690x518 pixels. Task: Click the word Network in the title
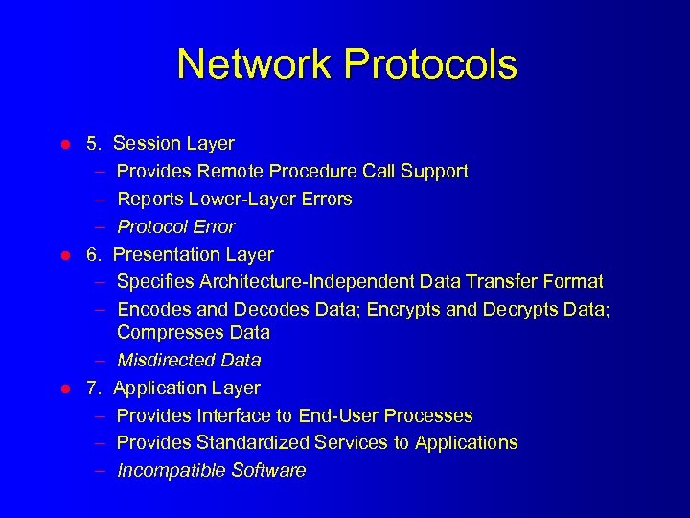click(x=254, y=64)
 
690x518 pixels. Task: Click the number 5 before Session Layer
click(x=93, y=144)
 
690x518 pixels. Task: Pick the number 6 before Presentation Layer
click(x=93, y=255)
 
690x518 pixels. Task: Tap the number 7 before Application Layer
click(x=93, y=388)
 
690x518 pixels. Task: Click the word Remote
click(x=229, y=172)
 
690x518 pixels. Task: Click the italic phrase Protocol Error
click(x=176, y=227)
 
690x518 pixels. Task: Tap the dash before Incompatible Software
click(x=100, y=471)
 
